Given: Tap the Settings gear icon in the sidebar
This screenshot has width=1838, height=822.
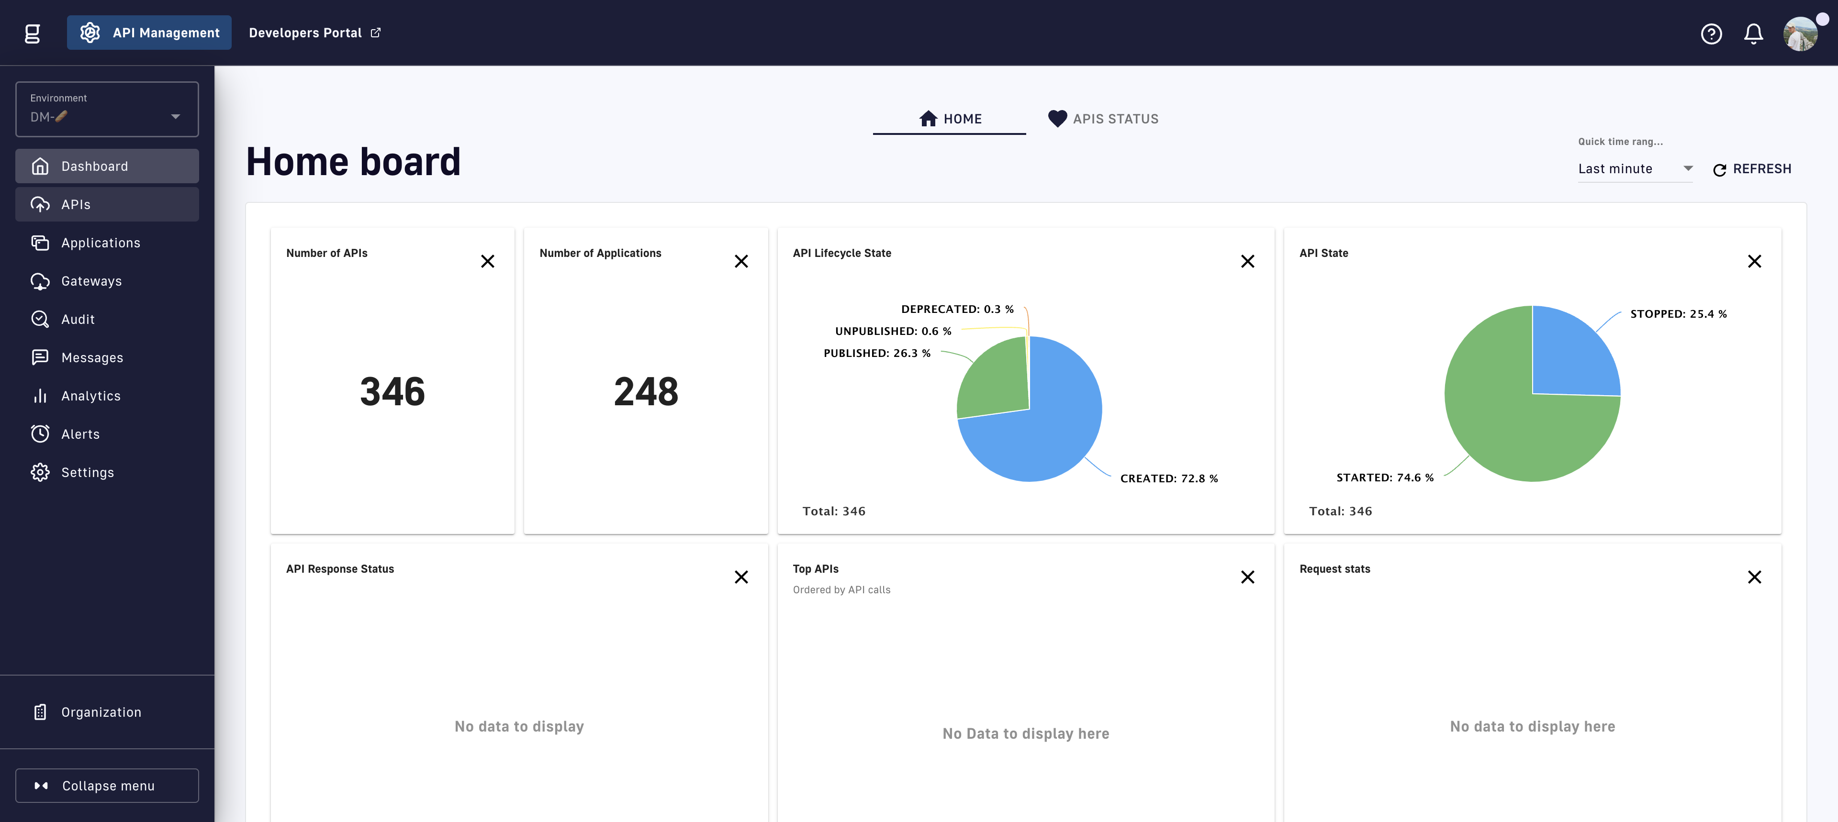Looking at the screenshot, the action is coord(40,472).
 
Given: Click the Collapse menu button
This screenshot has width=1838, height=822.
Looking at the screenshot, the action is coord(107,786).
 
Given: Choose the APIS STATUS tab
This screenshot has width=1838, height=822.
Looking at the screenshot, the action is coord(1103,119).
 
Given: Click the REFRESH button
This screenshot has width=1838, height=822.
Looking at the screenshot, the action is coord(1752,169).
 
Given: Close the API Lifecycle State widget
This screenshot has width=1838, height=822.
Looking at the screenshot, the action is coord(1248,262).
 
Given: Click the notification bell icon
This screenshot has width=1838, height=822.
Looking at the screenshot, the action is coord(1754,33).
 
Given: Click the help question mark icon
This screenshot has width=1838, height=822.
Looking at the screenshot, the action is coord(1712,33).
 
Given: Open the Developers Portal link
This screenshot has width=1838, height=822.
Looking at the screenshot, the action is coord(314,33).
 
